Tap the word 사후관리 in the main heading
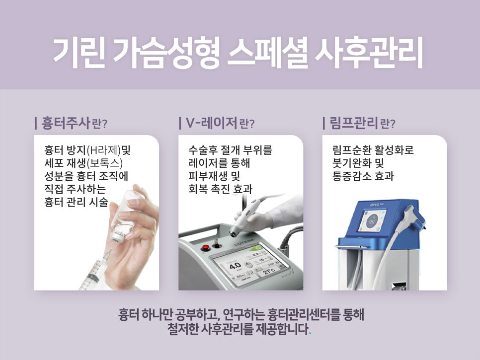(369, 53)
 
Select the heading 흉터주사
(65, 122)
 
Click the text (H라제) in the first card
(103, 150)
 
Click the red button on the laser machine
(204, 247)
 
